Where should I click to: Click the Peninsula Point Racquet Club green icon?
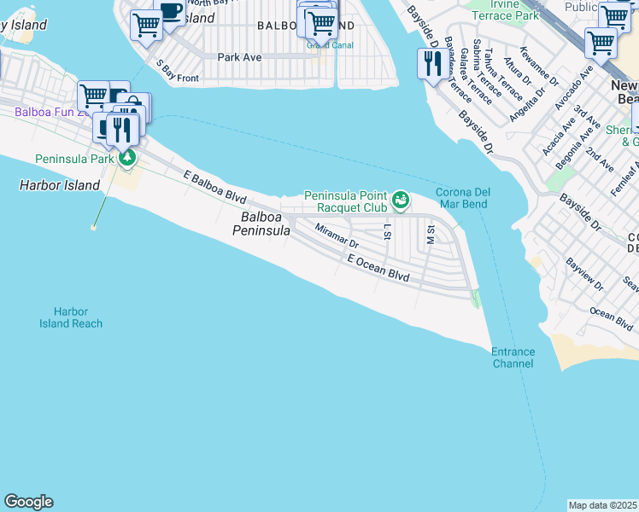pyautogui.click(x=400, y=201)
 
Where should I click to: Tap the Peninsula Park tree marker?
pyautogui.click(x=126, y=158)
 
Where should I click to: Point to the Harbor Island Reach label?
pyautogui.click(x=71, y=317)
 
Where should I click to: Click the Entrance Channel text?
pyautogui.click(x=513, y=358)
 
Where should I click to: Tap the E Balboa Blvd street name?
pyautogui.click(x=215, y=184)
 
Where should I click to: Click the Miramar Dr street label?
pyautogui.click(x=337, y=236)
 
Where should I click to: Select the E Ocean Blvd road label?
pyautogui.click(x=378, y=269)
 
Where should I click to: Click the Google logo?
pyautogui.click(x=28, y=502)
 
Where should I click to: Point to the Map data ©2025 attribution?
pyautogui.click(x=603, y=505)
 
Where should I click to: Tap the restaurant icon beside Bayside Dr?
pyautogui.click(x=431, y=63)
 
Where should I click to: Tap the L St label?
pyautogui.click(x=387, y=231)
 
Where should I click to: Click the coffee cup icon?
pyautogui.click(x=171, y=11)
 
